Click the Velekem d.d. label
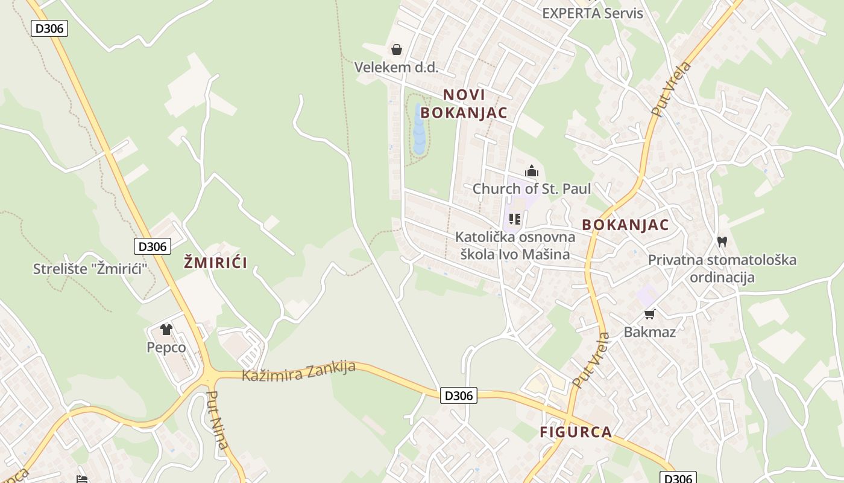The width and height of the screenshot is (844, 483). [x=396, y=67]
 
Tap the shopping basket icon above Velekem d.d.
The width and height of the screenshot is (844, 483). [x=397, y=50]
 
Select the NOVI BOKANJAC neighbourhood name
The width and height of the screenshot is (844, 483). [x=464, y=103]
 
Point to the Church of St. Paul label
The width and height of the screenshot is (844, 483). [x=531, y=188]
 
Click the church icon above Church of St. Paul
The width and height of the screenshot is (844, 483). [x=531, y=171]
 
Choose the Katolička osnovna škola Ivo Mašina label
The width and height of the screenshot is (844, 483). [x=515, y=245]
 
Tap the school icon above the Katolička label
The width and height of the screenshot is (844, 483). [x=514, y=219]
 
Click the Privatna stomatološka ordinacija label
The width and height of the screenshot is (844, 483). [x=722, y=269]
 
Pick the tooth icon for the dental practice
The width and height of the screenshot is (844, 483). [x=722, y=242]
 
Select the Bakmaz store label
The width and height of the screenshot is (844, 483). [x=649, y=331]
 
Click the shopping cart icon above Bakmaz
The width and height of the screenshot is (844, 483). [x=649, y=314]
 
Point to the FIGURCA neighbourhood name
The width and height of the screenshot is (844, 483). [x=576, y=432]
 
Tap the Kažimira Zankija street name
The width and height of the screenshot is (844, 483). [x=298, y=371]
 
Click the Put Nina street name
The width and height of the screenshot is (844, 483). [x=217, y=420]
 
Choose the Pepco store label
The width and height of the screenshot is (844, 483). [x=166, y=347]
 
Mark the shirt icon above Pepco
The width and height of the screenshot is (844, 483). [x=166, y=330]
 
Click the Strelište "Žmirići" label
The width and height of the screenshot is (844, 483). [x=90, y=269]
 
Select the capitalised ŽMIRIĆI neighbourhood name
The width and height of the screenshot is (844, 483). [x=215, y=263]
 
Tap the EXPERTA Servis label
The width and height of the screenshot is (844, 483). [x=593, y=13]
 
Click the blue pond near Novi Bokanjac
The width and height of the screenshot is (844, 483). [x=418, y=130]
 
